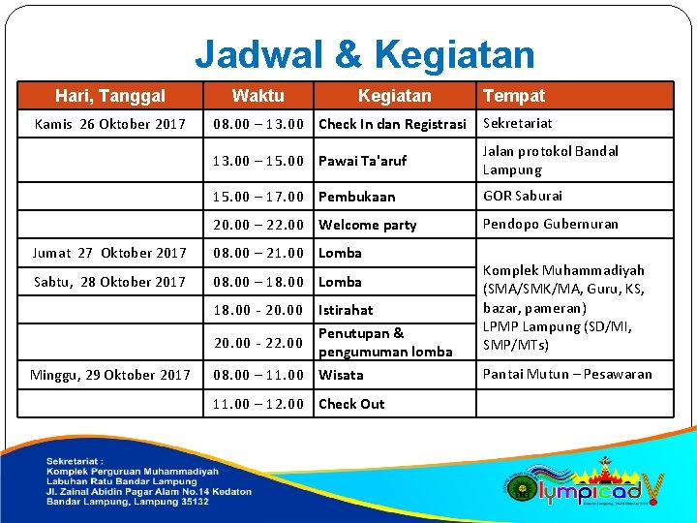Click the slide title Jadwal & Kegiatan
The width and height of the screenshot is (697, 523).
tap(364, 54)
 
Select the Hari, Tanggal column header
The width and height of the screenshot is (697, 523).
tap(110, 95)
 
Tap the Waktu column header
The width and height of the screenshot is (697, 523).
tap(258, 95)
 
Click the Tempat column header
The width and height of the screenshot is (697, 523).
tap(514, 95)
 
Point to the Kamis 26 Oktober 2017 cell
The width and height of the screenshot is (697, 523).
tap(110, 124)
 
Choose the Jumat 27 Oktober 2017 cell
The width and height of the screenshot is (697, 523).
tap(110, 253)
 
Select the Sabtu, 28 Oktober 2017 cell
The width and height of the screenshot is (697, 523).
tap(110, 282)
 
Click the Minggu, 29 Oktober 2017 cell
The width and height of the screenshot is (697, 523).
tap(110, 375)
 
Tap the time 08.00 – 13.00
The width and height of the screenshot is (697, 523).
tap(258, 124)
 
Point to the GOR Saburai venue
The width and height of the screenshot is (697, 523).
tap(523, 196)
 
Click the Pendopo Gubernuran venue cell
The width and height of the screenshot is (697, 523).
tap(550, 224)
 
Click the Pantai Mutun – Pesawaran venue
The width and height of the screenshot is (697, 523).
tap(567, 374)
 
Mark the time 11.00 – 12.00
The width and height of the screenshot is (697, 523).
tap(258, 404)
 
